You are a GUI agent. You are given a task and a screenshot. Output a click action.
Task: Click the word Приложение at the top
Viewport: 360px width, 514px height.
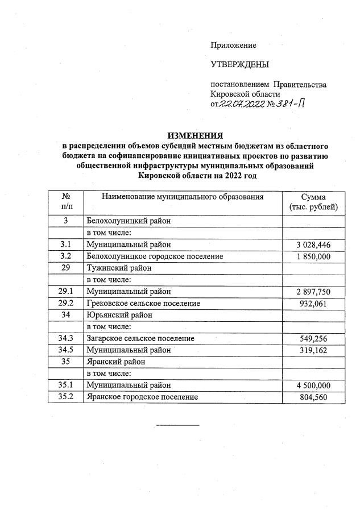pyautogui.click(x=233, y=45)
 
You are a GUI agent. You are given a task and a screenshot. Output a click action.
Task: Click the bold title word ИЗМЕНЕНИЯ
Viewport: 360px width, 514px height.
pyautogui.click(x=195, y=135)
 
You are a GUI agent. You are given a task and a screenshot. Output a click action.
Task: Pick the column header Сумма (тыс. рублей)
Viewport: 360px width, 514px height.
pyautogui.click(x=313, y=202)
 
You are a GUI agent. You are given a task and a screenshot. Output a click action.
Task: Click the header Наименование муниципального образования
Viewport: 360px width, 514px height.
pyautogui.click(x=183, y=197)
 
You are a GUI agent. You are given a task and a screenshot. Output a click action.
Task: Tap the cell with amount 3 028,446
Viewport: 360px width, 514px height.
pyautogui.click(x=313, y=245)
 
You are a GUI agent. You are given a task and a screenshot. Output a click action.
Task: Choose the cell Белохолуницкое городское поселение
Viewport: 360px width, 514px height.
pyautogui.click(x=154, y=256)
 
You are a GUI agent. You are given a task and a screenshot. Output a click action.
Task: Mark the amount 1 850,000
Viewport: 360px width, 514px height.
pyautogui.click(x=313, y=256)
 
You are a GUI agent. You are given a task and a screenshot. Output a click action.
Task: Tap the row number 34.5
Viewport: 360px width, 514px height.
pyautogui.click(x=66, y=350)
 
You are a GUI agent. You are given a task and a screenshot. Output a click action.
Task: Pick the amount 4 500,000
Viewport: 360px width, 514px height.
pyautogui.click(x=313, y=386)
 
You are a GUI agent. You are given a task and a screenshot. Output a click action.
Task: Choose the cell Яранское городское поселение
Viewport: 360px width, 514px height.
pyautogui.click(x=142, y=397)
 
